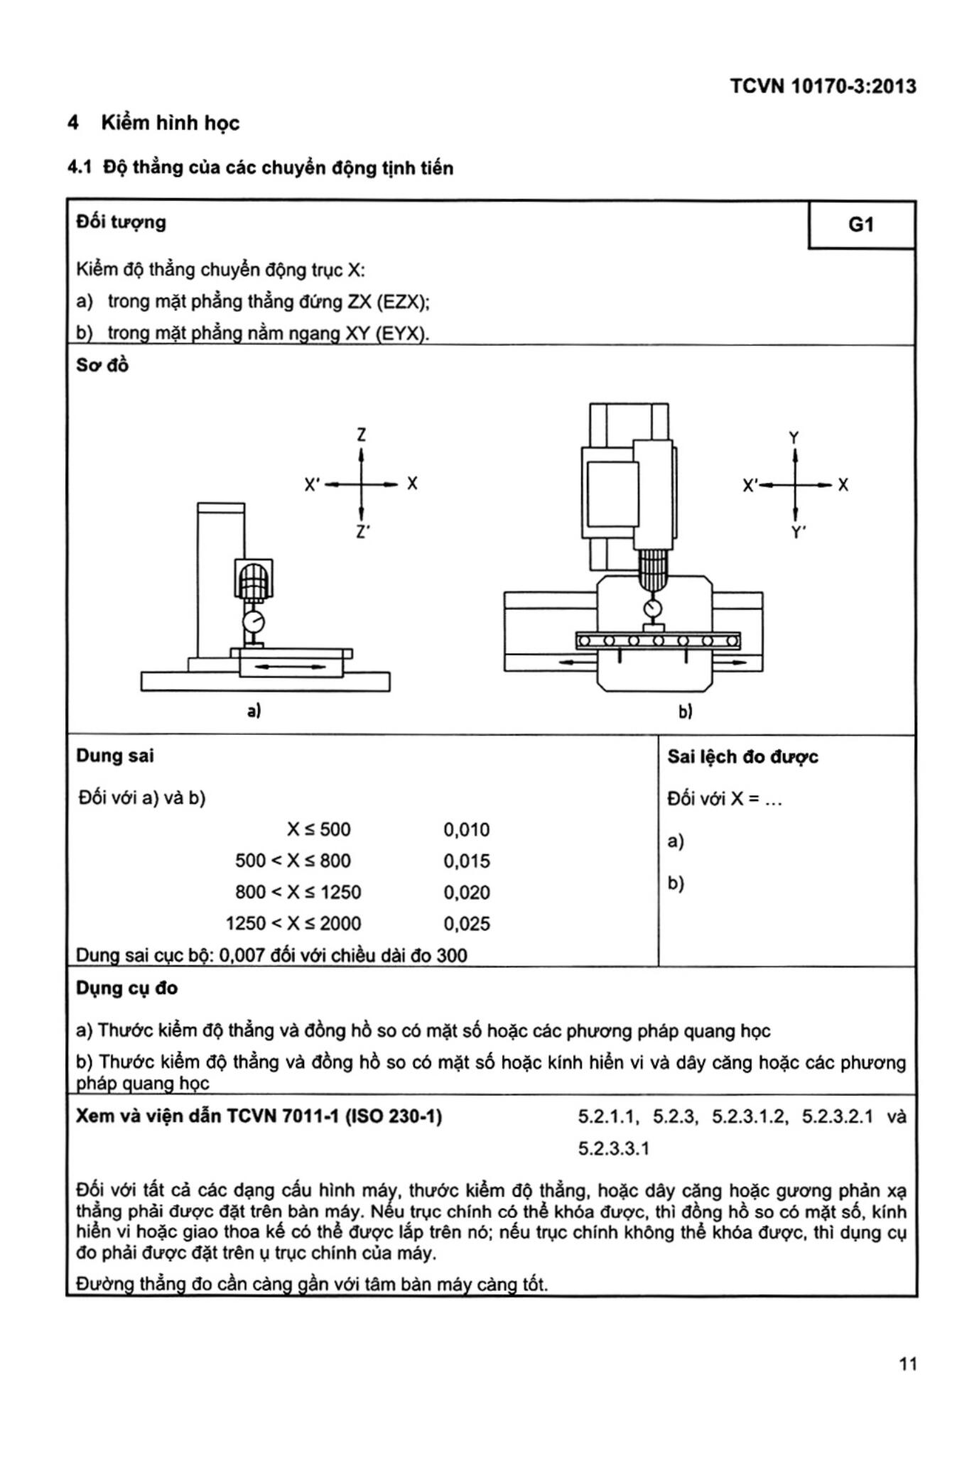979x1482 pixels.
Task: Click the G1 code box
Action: coord(861,225)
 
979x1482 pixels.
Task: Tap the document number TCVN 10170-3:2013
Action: coord(823,87)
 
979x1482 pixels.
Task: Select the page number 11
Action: coord(907,1363)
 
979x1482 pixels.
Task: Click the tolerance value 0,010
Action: coord(467,829)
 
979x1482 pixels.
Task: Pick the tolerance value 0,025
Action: coord(467,924)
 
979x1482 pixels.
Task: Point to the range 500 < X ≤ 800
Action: coord(293,861)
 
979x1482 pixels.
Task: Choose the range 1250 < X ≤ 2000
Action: coord(293,924)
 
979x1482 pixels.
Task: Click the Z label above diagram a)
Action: coord(362,435)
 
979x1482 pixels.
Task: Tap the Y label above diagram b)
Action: coord(794,437)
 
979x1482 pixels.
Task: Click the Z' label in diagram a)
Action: coord(362,532)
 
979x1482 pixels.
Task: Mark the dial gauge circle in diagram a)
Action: coord(253,622)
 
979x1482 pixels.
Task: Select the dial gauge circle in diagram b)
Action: coord(652,609)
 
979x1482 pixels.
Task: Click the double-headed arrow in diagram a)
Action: coord(290,667)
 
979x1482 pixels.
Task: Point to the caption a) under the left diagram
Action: coord(254,710)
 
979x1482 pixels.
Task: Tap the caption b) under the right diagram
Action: coord(685,711)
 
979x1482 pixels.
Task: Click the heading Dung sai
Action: coord(115,756)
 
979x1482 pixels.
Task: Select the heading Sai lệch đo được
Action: coord(742,757)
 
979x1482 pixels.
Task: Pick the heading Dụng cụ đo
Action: coord(127,988)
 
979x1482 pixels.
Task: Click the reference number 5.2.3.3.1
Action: coord(613,1148)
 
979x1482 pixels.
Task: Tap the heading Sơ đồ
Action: coord(102,365)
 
